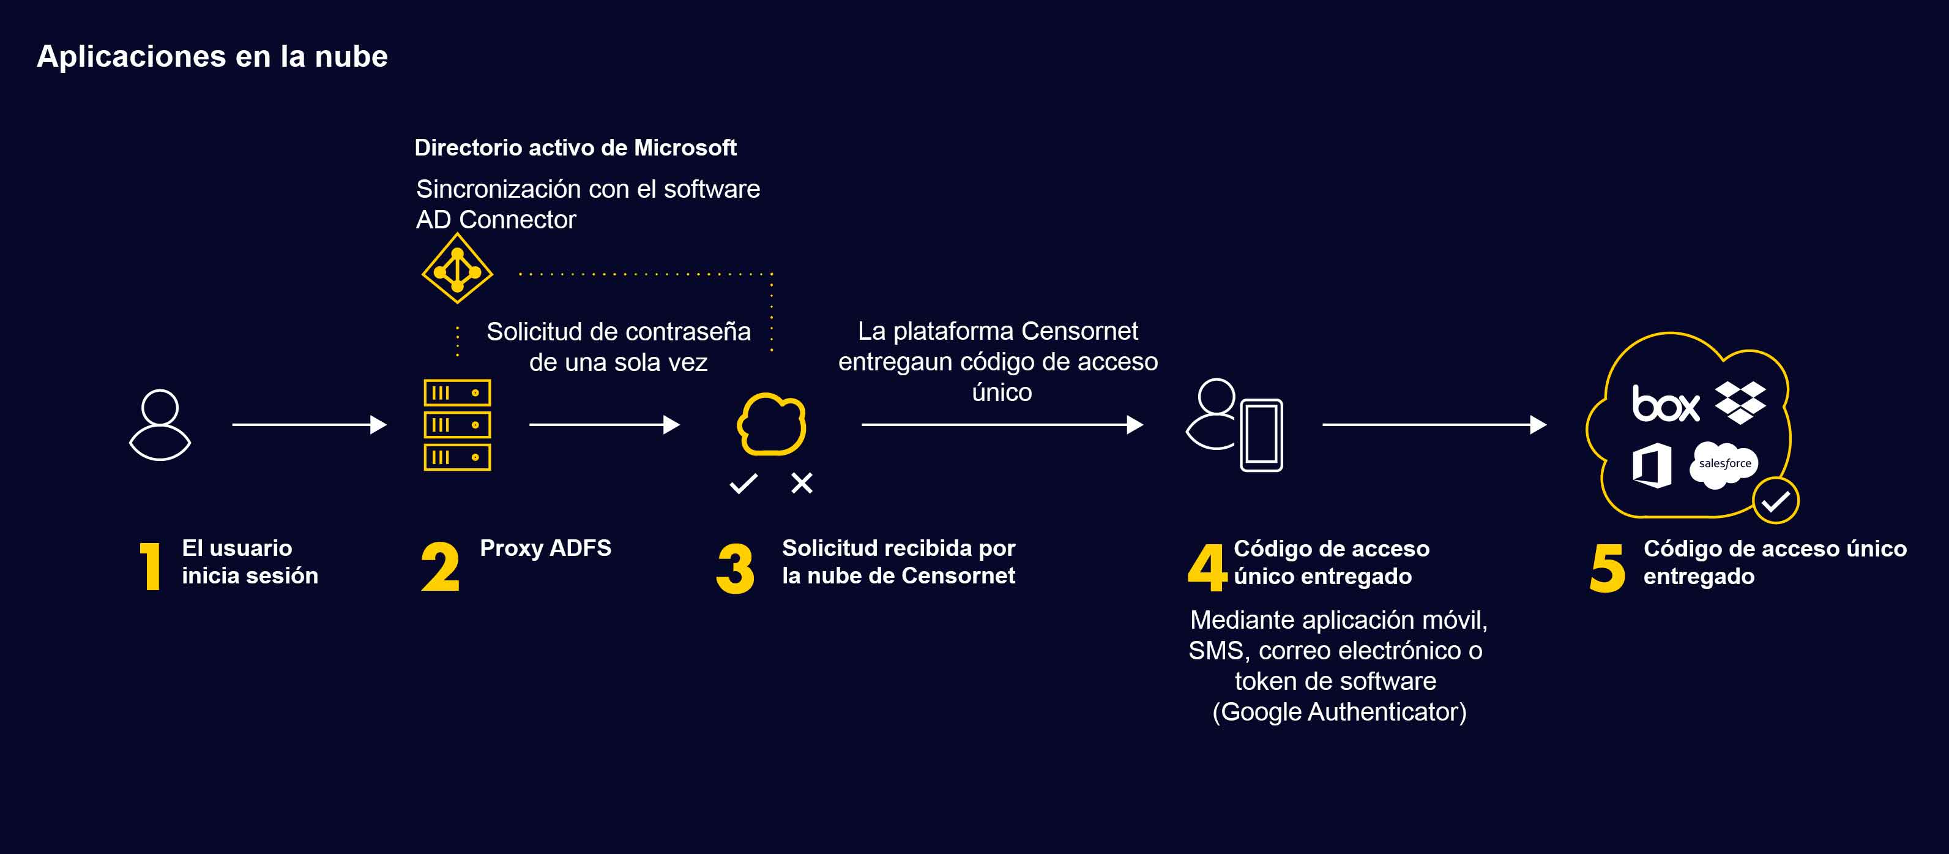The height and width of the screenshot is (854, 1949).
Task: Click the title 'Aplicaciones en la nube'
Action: click(212, 57)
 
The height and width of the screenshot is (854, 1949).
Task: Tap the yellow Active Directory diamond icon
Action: click(457, 269)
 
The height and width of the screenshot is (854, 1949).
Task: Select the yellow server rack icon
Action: click(457, 425)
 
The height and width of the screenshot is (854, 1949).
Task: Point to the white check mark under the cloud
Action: click(743, 483)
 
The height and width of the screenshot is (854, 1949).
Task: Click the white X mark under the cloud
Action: click(801, 483)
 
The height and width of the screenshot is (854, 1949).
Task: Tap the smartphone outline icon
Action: click(1261, 435)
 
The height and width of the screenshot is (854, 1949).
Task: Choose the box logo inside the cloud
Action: click(1665, 403)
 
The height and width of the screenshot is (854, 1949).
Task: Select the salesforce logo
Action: click(1724, 463)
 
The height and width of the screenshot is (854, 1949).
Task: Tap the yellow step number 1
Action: click(151, 566)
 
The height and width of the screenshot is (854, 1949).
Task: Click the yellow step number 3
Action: click(735, 568)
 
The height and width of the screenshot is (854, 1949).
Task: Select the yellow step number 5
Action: click(1607, 568)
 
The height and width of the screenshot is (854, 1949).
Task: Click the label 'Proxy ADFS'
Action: click(545, 548)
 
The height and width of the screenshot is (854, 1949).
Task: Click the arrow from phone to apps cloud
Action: click(1434, 425)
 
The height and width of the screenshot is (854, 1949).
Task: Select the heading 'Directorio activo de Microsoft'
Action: click(575, 148)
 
